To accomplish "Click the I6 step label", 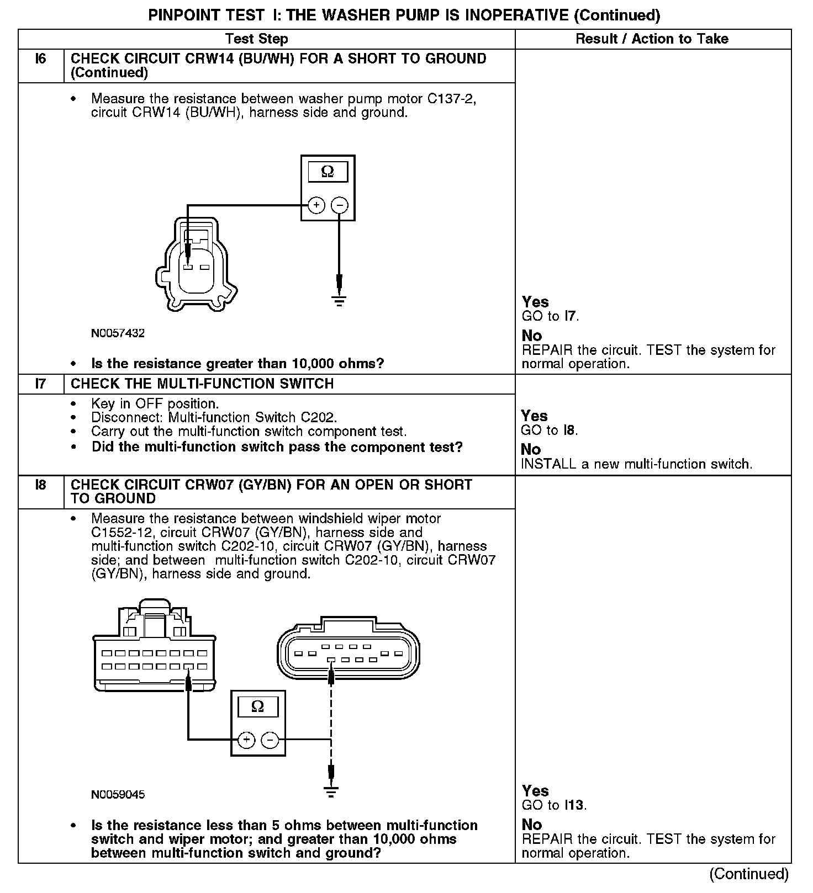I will point(41,59).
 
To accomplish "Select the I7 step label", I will point(41,384).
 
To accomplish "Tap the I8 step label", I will point(41,485).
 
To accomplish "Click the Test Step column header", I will point(257,39).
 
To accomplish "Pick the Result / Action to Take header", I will point(652,39).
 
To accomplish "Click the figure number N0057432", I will point(118,333).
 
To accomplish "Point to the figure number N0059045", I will point(118,795).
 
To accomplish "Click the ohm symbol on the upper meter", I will point(328,172).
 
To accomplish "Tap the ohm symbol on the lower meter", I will point(257,706).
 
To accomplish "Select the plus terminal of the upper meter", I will point(316,205).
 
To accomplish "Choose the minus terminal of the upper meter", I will point(339,205).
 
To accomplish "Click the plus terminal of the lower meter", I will point(246,740).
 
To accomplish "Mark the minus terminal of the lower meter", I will point(270,740).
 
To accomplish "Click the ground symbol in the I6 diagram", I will point(339,301).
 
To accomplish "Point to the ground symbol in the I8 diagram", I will point(331,792).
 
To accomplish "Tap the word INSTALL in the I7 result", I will point(548,464).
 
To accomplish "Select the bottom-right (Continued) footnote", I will point(749,874).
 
